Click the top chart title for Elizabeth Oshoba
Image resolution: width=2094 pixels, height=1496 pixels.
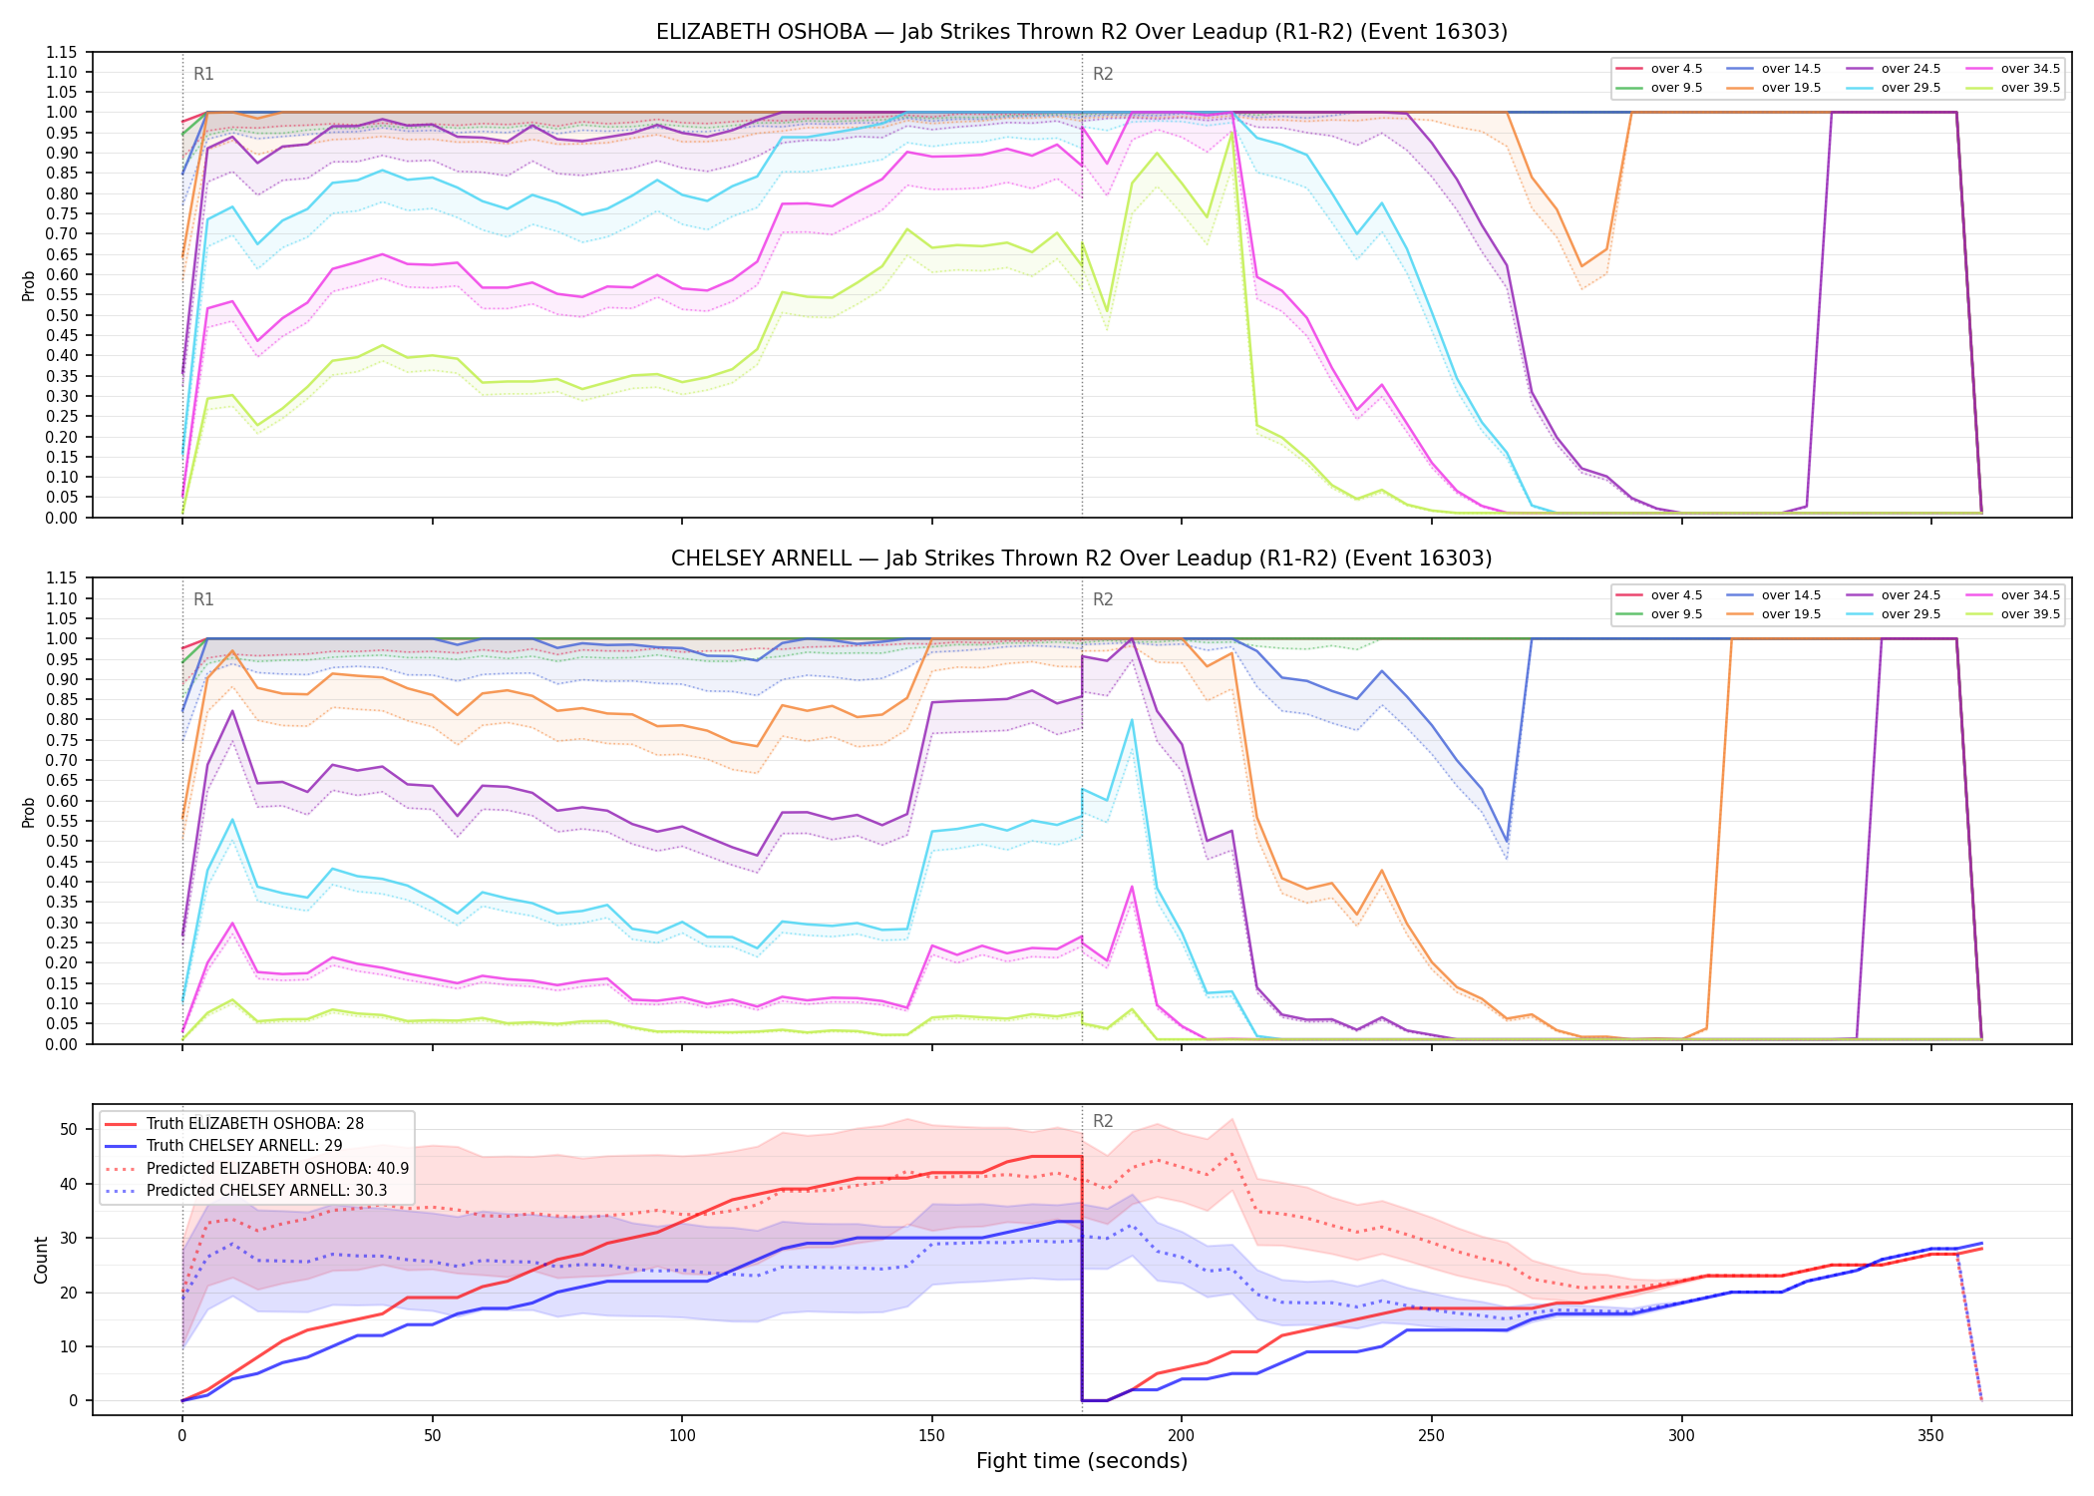1082,32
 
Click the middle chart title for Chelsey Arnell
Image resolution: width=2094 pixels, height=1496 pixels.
1082,559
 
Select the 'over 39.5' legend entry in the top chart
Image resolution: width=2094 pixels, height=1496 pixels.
2013,88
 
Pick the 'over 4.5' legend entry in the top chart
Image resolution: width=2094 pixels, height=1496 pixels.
1659,69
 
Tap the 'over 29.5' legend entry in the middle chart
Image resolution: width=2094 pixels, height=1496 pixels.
1894,614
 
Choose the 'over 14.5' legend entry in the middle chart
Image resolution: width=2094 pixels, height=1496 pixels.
1774,595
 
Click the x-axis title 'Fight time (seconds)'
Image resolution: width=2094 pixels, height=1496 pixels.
1082,1461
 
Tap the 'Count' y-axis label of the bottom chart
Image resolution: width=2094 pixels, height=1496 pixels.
41,1260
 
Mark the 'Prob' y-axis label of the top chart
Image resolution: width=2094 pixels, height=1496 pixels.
29,285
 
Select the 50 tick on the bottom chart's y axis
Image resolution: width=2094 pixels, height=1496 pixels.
68,1130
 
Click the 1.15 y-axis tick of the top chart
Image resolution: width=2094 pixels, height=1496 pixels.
61,52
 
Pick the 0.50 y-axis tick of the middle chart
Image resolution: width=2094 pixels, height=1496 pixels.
61,842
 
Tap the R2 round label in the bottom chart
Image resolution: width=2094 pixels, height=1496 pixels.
1103,1121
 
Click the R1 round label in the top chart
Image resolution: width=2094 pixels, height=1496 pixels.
203,74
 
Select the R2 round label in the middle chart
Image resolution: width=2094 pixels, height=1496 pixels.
1103,599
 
